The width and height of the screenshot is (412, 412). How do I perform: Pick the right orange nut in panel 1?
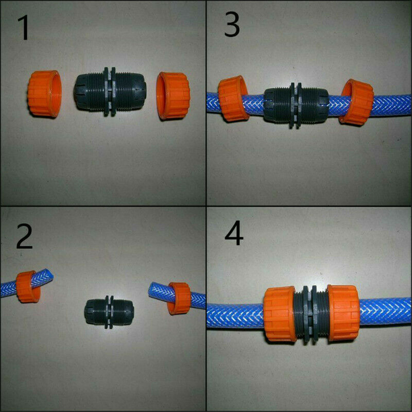tap(173, 96)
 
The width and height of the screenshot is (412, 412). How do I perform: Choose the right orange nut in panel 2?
tap(180, 298)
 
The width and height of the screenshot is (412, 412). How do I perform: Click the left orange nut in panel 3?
tap(233, 98)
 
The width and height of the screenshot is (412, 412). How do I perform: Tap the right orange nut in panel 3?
tap(356, 102)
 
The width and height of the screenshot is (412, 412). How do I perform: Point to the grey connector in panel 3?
tap(295, 105)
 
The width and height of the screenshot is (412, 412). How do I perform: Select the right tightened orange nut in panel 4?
tap(344, 313)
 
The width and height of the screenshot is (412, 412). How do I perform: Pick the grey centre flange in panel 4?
tap(311, 313)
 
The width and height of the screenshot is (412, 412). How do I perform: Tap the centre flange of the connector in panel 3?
tap(296, 105)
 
